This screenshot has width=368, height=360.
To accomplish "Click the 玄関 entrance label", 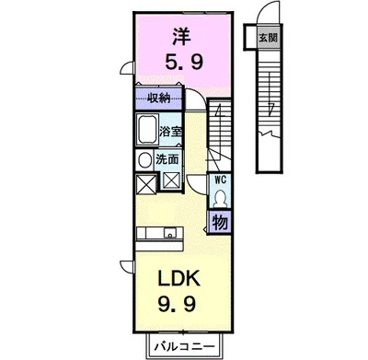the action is pyautogui.click(x=268, y=38).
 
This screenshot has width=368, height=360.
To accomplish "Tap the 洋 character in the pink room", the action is pyautogui.click(x=181, y=37).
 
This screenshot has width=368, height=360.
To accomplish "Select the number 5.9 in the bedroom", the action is pyautogui.click(x=184, y=63).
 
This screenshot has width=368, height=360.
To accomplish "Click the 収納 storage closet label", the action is pyautogui.click(x=158, y=99).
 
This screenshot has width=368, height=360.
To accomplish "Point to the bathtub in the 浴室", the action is pyautogui.click(x=147, y=129).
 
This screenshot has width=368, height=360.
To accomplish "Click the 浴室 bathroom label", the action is pyautogui.click(x=170, y=132).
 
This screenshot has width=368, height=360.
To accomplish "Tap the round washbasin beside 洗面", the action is pyautogui.click(x=144, y=160).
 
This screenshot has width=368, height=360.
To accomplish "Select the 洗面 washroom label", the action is pyautogui.click(x=167, y=159).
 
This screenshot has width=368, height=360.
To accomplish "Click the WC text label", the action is pyautogui.click(x=221, y=180).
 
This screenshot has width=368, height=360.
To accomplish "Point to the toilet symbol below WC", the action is pyautogui.click(x=220, y=198).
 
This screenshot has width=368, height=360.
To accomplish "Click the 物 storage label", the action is pyautogui.click(x=220, y=222).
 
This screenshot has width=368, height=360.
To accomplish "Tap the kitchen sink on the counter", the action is pyautogui.click(x=169, y=233).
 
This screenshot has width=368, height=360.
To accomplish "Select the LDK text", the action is pyautogui.click(x=179, y=278).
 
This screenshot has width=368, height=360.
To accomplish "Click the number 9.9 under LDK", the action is pyautogui.click(x=177, y=304).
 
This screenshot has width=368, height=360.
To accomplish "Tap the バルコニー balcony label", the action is pyautogui.click(x=184, y=347).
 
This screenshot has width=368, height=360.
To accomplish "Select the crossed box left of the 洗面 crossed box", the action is pyautogui.click(x=145, y=184).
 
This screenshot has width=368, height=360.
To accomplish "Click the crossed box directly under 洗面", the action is pyautogui.click(x=171, y=181).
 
